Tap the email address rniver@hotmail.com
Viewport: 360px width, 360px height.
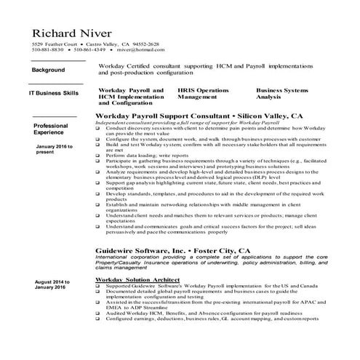pyautogui.click(x=136, y=49)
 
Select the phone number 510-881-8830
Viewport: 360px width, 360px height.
pyautogui.click(x=47, y=49)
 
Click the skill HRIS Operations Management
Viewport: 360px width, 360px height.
pyautogui.click(x=204, y=92)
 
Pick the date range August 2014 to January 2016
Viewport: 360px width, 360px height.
pyautogui.click(x=52, y=284)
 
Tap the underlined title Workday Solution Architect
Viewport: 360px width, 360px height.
pyautogui.click(x=140, y=279)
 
